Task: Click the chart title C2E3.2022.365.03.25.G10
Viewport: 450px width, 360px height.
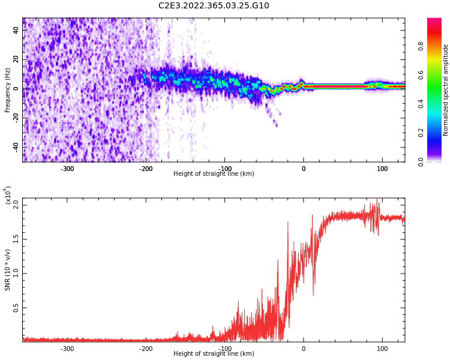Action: coord(214,6)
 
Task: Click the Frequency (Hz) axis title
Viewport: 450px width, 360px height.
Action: coord(8,90)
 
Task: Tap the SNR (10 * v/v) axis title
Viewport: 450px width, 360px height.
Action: coord(8,270)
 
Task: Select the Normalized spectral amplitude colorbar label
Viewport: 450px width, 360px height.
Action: coord(446,90)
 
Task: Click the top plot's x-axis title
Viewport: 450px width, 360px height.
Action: coord(214,174)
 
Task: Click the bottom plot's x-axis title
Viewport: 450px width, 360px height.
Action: coord(214,354)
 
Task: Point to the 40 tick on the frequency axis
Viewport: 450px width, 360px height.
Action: coord(16,31)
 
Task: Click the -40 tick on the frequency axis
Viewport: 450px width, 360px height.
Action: coord(15,146)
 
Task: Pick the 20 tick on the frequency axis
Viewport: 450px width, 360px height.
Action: coord(16,59)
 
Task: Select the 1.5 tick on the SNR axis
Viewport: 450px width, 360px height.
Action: coord(16,239)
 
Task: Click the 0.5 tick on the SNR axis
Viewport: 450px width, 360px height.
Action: coord(16,308)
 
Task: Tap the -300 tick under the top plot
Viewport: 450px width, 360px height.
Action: coord(67,169)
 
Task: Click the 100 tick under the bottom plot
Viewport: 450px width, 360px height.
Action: coord(382,349)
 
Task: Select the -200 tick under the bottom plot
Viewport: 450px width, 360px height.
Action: coord(146,349)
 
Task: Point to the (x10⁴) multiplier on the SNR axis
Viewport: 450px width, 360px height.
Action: coord(8,195)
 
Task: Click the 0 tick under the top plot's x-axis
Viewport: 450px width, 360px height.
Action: coord(304,169)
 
